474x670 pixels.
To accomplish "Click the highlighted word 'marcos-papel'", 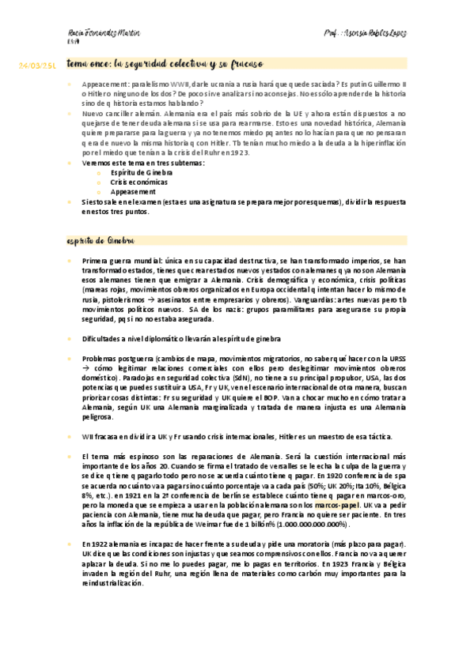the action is (x=338, y=503).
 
